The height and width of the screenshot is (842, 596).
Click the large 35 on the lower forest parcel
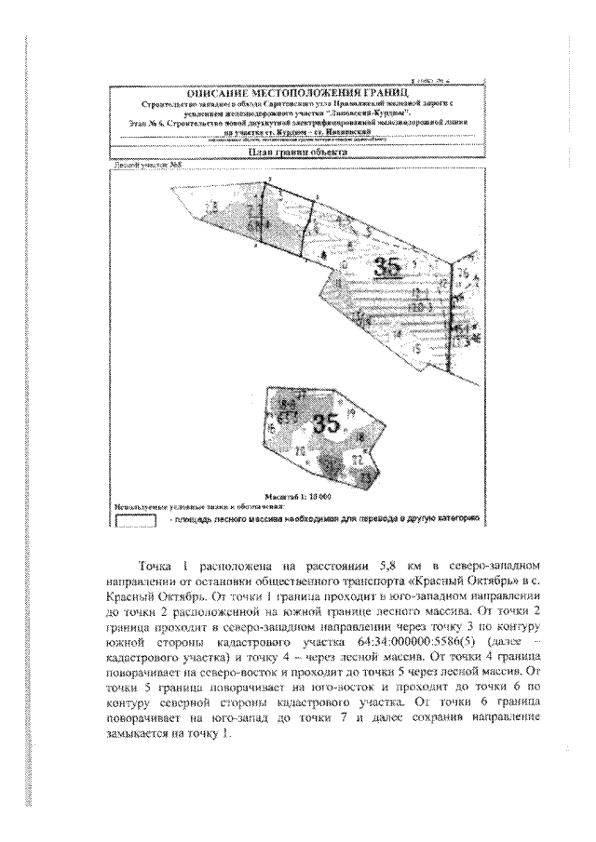326,424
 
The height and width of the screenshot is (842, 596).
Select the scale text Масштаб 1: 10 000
298,497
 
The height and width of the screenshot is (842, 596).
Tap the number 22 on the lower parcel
357,461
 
